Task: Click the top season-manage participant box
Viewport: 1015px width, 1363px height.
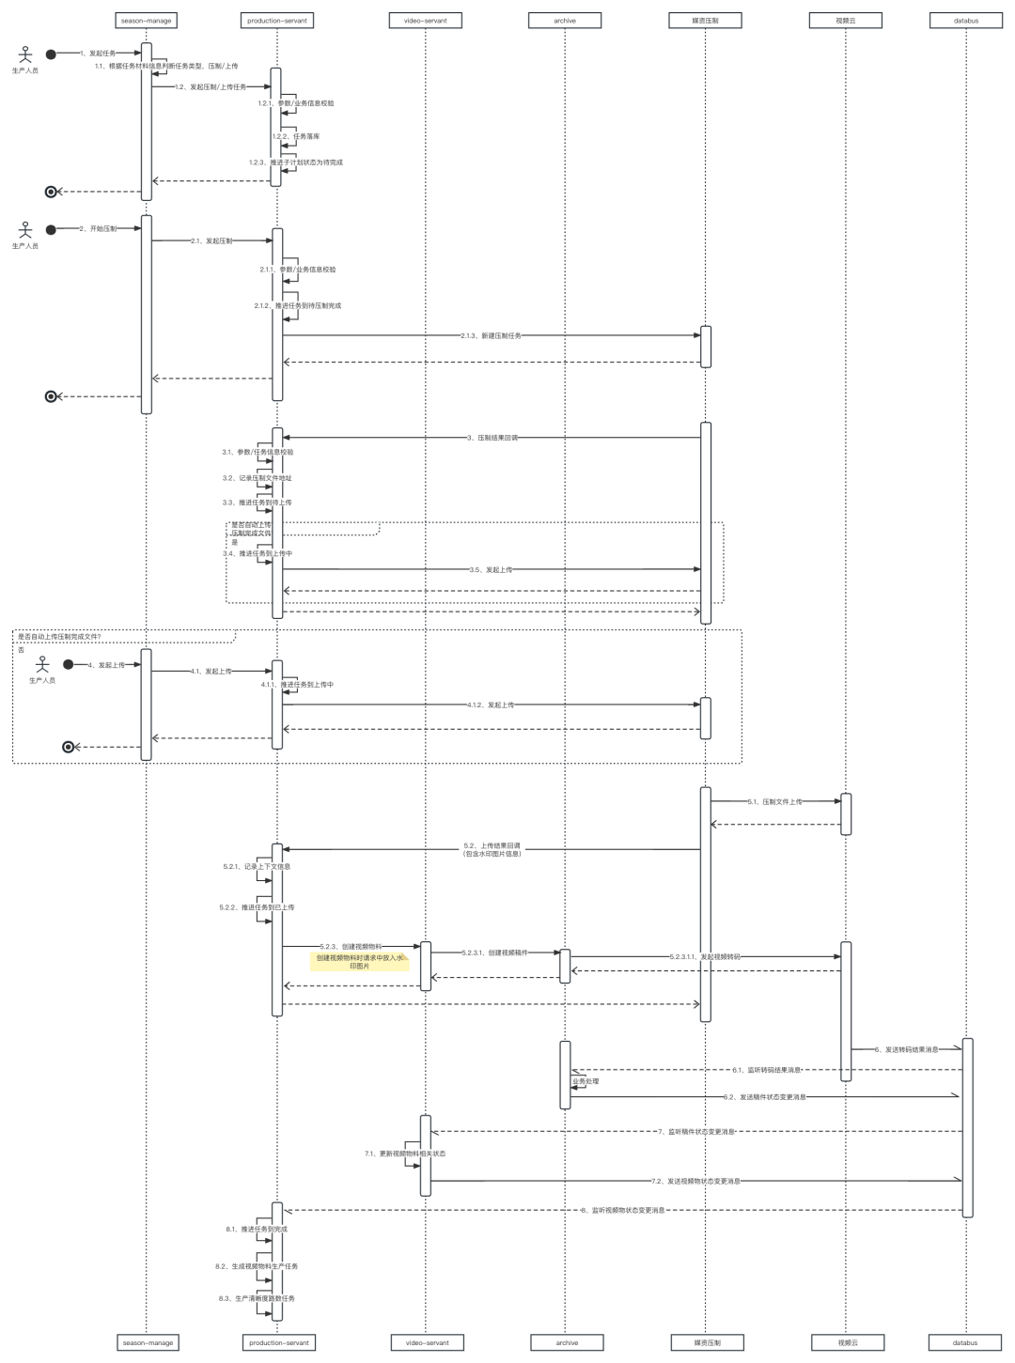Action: click(147, 20)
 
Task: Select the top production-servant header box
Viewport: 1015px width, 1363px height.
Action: click(277, 20)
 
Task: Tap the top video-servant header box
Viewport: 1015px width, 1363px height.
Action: click(426, 20)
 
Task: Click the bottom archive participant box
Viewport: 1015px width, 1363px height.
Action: click(567, 1342)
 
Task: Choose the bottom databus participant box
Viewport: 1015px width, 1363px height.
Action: click(965, 1342)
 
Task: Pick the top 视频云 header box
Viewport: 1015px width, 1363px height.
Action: click(846, 20)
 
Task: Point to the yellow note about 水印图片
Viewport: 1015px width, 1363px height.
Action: click(360, 961)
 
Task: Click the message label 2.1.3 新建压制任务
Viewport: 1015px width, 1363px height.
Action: click(492, 335)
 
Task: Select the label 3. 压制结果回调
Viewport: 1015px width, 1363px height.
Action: click(492, 438)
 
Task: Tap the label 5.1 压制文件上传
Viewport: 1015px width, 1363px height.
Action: click(775, 801)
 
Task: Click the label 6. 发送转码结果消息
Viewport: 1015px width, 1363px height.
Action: click(906, 1049)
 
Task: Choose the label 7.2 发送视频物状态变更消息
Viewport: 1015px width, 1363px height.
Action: click(696, 1181)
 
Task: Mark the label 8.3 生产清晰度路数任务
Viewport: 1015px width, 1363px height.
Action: click(257, 1298)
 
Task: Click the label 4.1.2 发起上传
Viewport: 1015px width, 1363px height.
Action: click(491, 705)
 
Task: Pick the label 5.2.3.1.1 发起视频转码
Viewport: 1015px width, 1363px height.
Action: click(705, 956)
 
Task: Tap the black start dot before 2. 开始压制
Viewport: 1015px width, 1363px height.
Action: click(51, 229)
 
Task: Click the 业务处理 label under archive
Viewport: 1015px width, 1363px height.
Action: click(585, 1081)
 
